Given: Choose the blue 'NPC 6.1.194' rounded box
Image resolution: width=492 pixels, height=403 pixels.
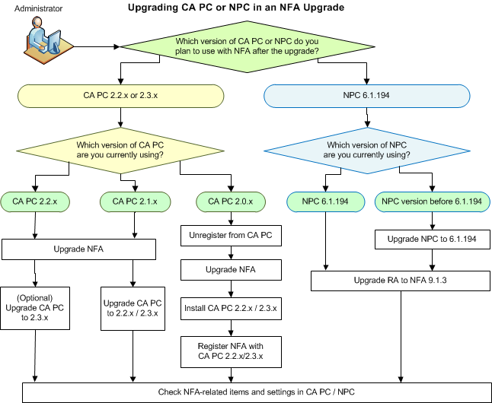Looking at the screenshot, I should tap(366, 97).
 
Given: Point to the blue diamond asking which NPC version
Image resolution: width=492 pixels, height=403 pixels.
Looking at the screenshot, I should tap(367, 150).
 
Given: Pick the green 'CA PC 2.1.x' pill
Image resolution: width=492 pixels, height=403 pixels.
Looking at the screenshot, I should tap(135, 201).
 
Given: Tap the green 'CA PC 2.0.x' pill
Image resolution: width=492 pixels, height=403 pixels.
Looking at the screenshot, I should tap(231, 201).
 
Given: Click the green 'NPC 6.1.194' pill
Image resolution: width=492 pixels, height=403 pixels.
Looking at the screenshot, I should tap(327, 201).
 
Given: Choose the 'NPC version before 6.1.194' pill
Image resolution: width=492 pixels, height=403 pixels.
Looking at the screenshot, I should tap(431, 201).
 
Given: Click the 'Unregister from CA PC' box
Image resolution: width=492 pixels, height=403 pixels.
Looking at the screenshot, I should tap(231, 236).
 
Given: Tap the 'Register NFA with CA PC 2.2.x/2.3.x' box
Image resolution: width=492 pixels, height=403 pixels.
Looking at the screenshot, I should tap(231, 351).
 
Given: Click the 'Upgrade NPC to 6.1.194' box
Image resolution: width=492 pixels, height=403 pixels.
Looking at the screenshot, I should tap(431, 240).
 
